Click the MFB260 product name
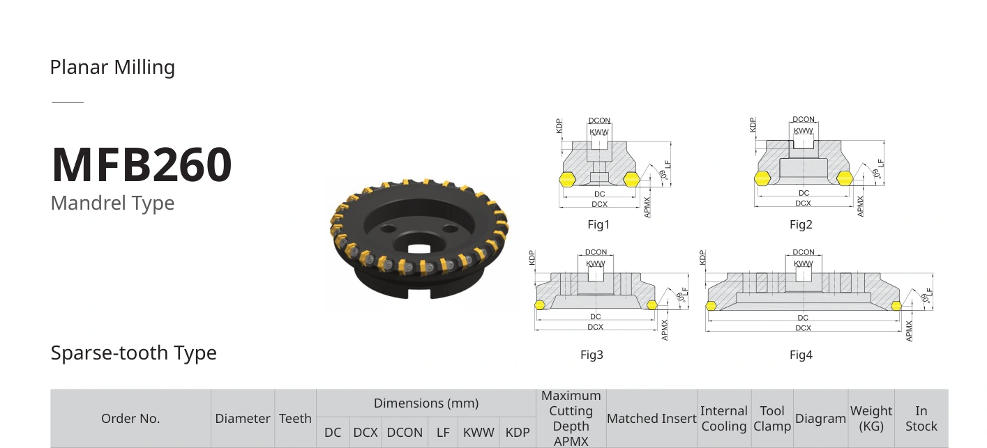pyautogui.click(x=142, y=164)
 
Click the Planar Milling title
pyautogui.click(x=112, y=68)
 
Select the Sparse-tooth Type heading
pyautogui.click(x=133, y=353)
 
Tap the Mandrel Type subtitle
pyautogui.click(x=112, y=203)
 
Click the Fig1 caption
pyautogui.click(x=598, y=224)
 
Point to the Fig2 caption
pyautogui.click(x=801, y=224)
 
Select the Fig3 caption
pyautogui.click(x=592, y=355)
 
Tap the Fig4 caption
pyautogui.click(x=801, y=355)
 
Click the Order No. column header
pyautogui.click(x=130, y=419)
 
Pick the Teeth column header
pyautogui.click(x=295, y=419)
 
